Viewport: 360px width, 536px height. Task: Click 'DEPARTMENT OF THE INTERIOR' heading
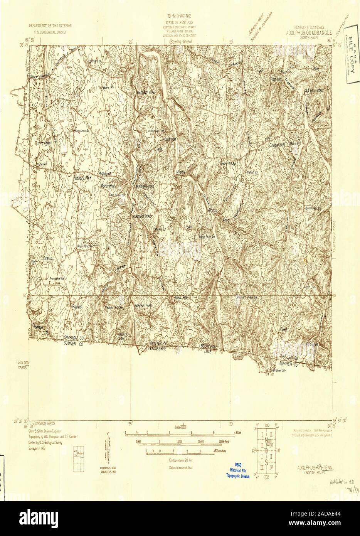50,27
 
